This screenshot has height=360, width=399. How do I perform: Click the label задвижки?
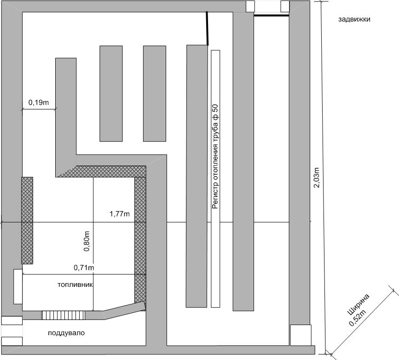(354, 19)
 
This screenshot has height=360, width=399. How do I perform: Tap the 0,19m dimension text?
(38, 103)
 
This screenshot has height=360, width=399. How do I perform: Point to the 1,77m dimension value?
(120, 214)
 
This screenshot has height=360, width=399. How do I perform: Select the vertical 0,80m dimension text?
(87, 241)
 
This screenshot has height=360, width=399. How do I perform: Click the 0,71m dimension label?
(84, 268)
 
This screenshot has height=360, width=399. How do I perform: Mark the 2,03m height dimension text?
(316, 177)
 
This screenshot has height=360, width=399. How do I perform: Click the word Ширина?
(358, 304)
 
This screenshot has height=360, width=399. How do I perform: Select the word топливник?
(75, 285)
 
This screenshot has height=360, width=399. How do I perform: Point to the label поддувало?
(66, 333)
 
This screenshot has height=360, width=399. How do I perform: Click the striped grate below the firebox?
(63, 315)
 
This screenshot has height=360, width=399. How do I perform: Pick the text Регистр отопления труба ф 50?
(215, 156)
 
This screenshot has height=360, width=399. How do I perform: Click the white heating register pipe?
(215, 179)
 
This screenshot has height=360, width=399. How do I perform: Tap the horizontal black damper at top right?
(272, 16)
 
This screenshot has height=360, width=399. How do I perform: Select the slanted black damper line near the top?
(207, 28)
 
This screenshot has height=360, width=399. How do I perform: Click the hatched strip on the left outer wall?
(27, 220)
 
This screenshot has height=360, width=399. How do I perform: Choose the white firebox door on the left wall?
(18, 286)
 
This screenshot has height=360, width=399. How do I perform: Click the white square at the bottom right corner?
(301, 335)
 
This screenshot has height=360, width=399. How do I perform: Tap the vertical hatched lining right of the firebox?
(140, 240)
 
